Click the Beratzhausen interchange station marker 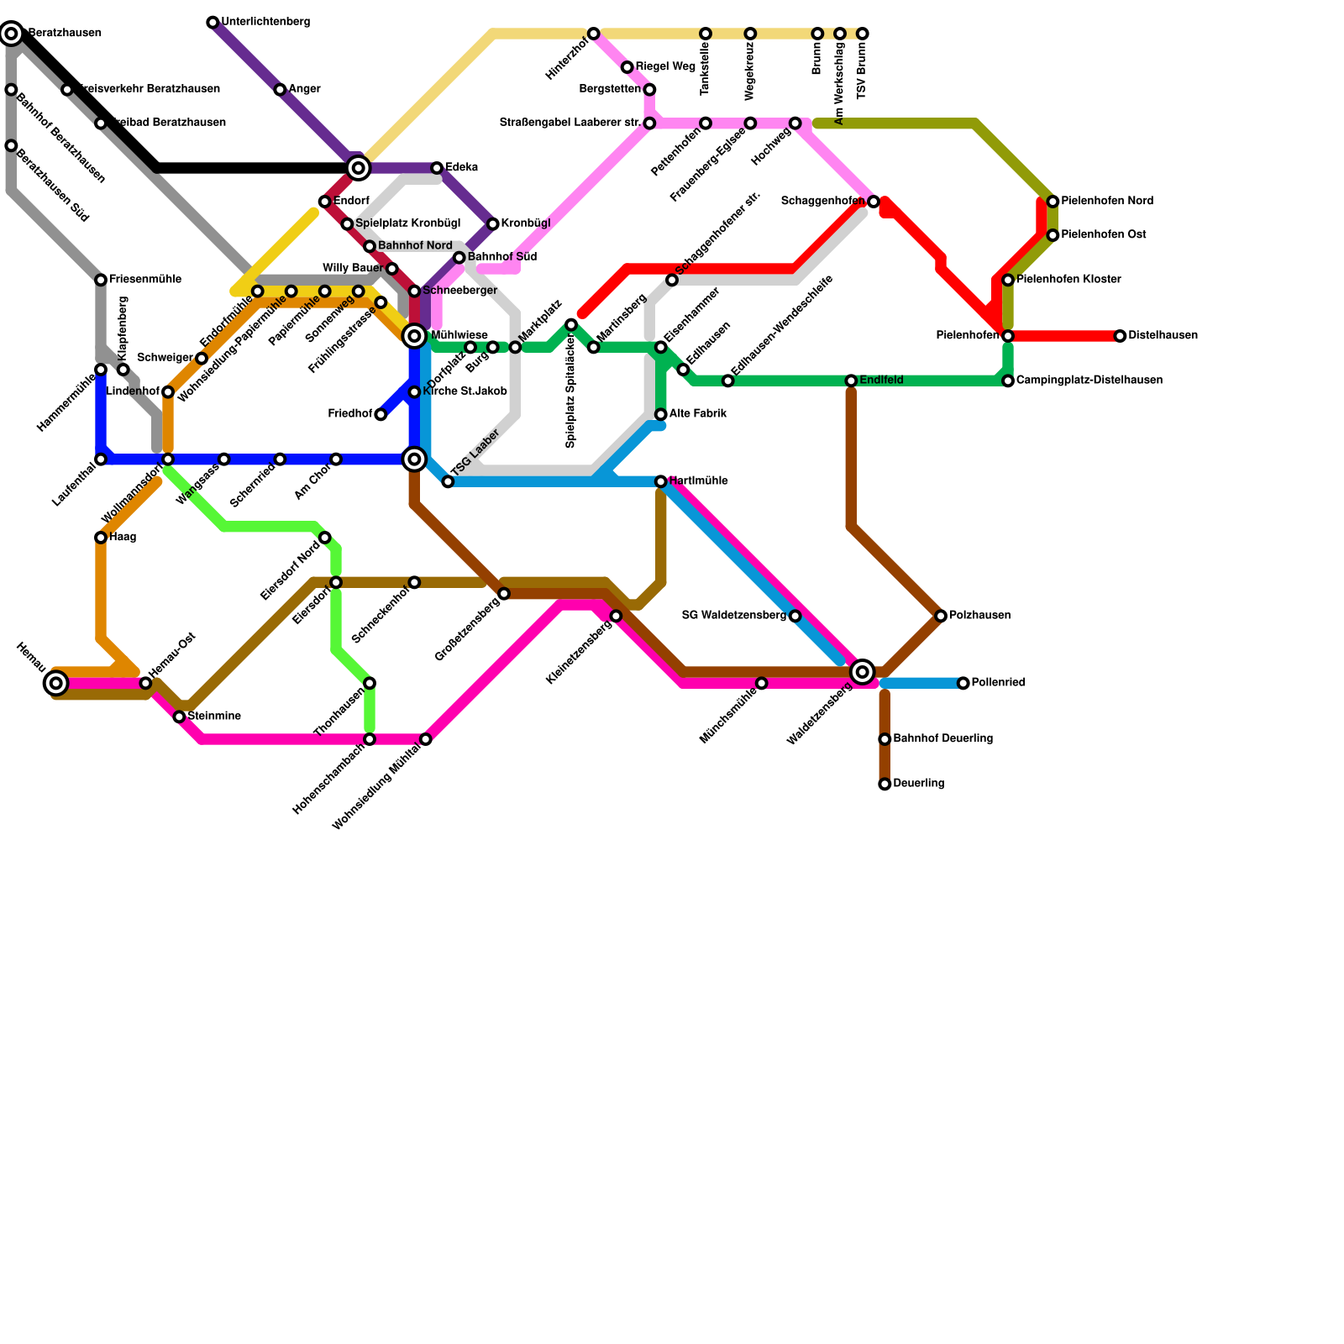pyautogui.click(x=11, y=34)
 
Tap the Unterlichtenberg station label pyautogui.click(x=265, y=22)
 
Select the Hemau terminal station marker pyautogui.click(x=56, y=684)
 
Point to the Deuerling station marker pyautogui.click(x=885, y=785)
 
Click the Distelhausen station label pyautogui.click(x=1163, y=336)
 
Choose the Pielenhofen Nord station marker pyautogui.click(x=1053, y=202)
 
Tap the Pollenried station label pyautogui.click(x=998, y=683)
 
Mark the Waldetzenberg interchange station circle pyautogui.click(x=862, y=671)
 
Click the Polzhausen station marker pyautogui.click(x=941, y=617)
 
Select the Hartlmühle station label pyautogui.click(x=699, y=481)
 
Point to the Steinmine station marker pyautogui.click(x=179, y=717)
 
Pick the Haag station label pyautogui.click(x=123, y=538)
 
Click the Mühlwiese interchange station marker pyautogui.click(x=414, y=336)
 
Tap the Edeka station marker pyautogui.click(x=437, y=168)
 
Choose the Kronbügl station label pyautogui.click(x=526, y=223)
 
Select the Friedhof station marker pyautogui.click(x=381, y=415)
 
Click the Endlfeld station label pyautogui.click(x=881, y=381)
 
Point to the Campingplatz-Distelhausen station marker pyautogui.click(x=1008, y=381)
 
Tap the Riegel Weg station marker pyautogui.click(x=627, y=67)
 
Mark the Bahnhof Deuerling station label pyautogui.click(x=942, y=739)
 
